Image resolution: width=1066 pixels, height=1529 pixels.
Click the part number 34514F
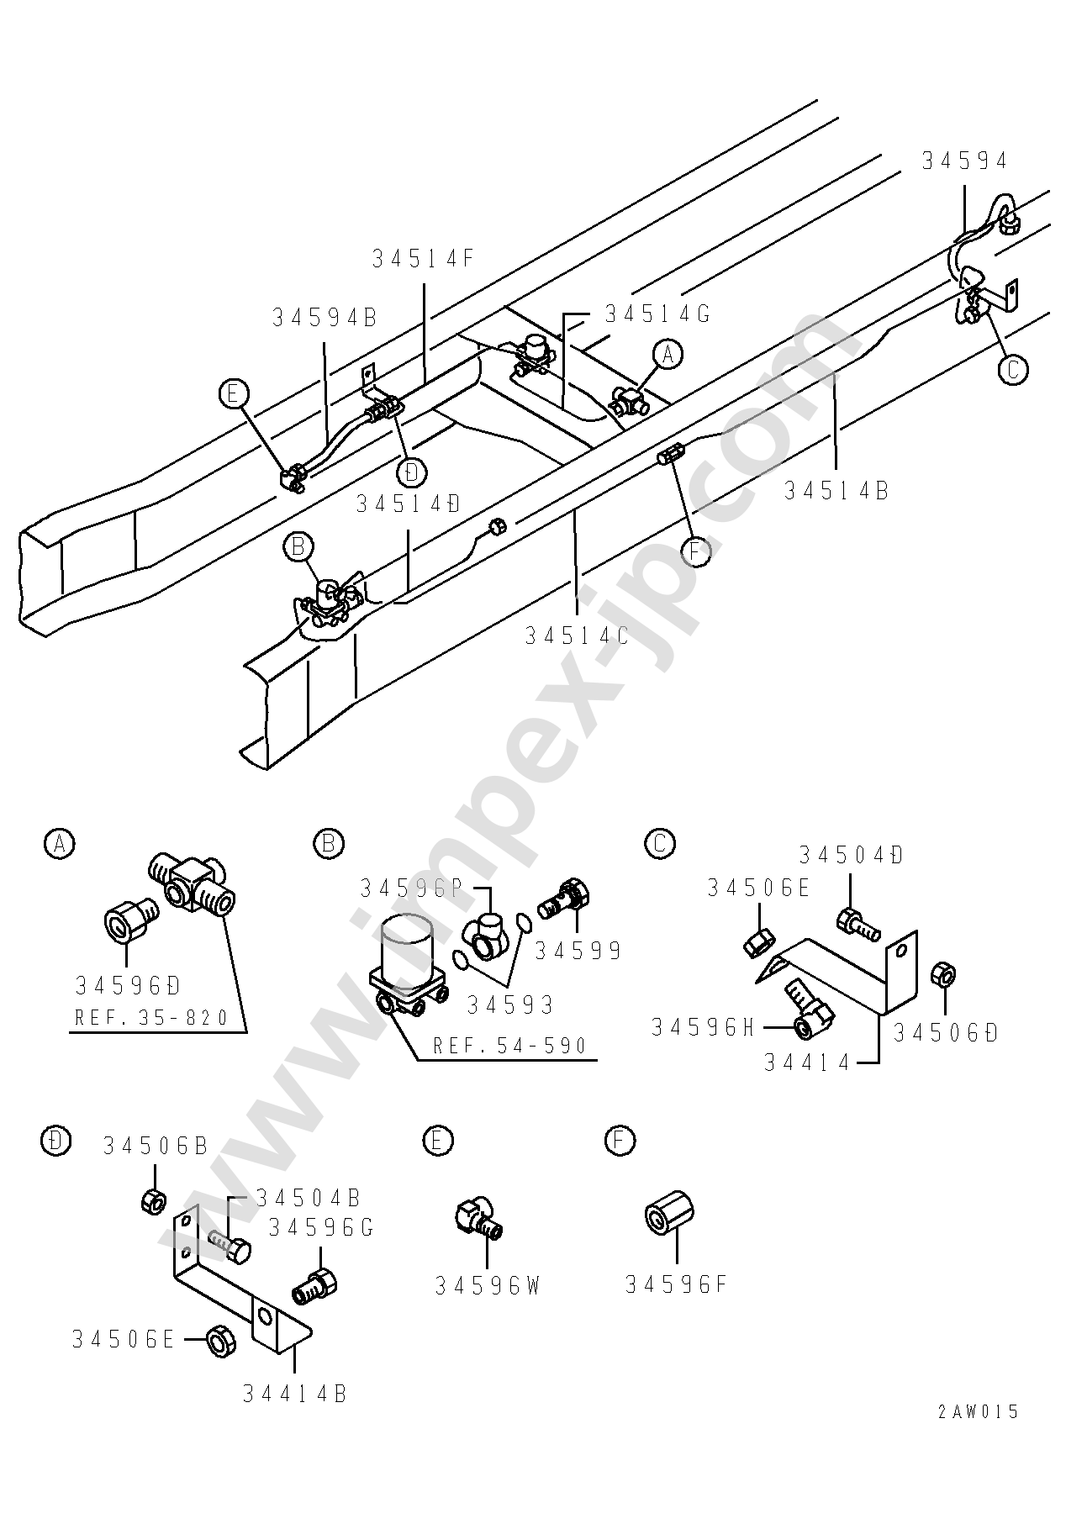(424, 259)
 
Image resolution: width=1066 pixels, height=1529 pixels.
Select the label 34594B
(325, 317)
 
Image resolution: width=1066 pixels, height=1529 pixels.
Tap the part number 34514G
(658, 314)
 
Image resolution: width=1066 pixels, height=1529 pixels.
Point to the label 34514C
(577, 635)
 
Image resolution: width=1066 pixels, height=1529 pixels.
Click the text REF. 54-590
(509, 1046)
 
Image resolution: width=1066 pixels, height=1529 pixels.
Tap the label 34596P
(411, 888)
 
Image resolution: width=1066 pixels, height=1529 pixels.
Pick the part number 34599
(578, 951)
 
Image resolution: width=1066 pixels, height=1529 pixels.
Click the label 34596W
(488, 1285)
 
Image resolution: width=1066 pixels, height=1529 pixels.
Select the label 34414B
(295, 1394)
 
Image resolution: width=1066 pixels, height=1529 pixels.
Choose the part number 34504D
(851, 856)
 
